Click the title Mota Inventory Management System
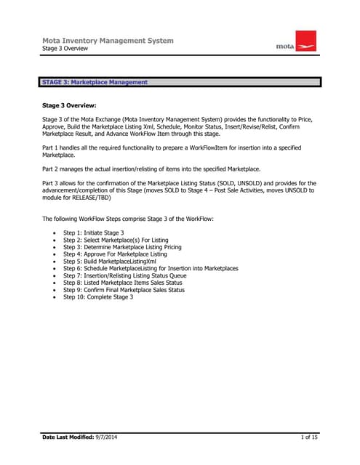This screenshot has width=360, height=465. point(108,41)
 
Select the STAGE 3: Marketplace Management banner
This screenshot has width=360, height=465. point(95,82)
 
